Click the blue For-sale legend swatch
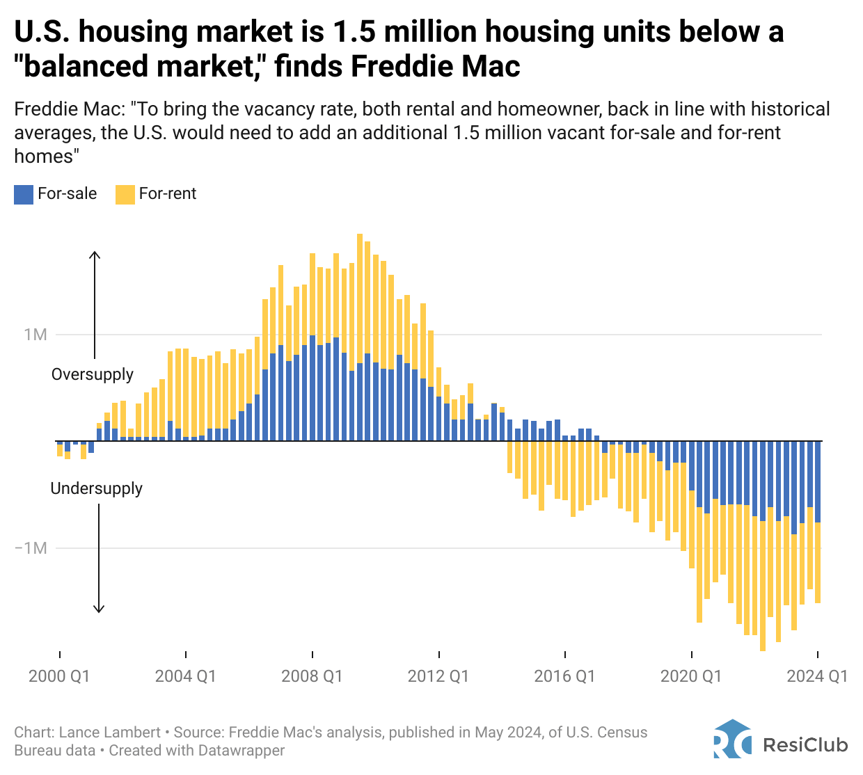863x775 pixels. [x=24, y=194]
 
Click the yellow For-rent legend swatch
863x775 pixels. [x=125, y=194]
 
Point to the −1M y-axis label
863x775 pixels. [x=31, y=548]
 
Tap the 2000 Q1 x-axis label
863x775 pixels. [x=59, y=676]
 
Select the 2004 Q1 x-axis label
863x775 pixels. [x=185, y=676]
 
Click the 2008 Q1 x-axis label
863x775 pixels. [x=312, y=676]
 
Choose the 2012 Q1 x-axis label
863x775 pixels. [x=438, y=676]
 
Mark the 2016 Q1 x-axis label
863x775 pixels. [x=564, y=676]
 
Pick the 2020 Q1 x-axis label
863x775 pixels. [x=691, y=676]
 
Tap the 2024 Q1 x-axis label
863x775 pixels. [x=817, y=676]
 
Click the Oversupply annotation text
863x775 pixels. [x=93, y=374]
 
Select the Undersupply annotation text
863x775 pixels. [x=97, y=488]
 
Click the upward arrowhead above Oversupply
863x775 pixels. [x=95, y=255]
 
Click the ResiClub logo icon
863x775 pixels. [x=732, y=740]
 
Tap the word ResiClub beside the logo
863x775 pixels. [x=806, y=745]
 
